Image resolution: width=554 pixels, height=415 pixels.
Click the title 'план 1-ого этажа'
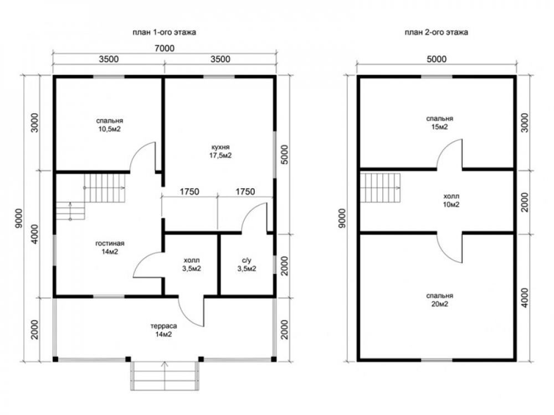point(165,33)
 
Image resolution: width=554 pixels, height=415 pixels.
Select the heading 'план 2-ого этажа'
point(437,33)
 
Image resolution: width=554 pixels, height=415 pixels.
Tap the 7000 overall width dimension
point(165,48)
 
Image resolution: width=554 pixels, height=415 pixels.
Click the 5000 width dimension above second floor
point(437,59)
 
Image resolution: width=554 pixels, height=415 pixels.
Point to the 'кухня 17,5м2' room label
point(220,151)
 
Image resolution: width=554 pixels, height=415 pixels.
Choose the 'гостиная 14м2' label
point(110,247)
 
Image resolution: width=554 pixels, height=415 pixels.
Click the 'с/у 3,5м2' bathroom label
point(247,264)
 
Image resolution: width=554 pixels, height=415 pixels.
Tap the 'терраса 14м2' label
point(163,330)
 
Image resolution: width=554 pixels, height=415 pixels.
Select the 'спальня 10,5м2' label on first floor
point(110,125)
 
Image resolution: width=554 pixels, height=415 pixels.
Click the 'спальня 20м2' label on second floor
point(439,300)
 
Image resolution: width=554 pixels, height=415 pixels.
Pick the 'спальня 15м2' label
point(439,122)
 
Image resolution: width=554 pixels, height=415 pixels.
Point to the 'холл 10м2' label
point(451,200)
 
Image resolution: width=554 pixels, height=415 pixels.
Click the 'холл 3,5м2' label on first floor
point(192,264)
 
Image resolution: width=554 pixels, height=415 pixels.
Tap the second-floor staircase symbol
point(380,188)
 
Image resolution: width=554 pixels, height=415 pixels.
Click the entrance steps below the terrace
point(165,376)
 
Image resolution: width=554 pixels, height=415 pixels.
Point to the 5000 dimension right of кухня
point(285,154)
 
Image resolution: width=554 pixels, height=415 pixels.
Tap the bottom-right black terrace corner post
point(274,359)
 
